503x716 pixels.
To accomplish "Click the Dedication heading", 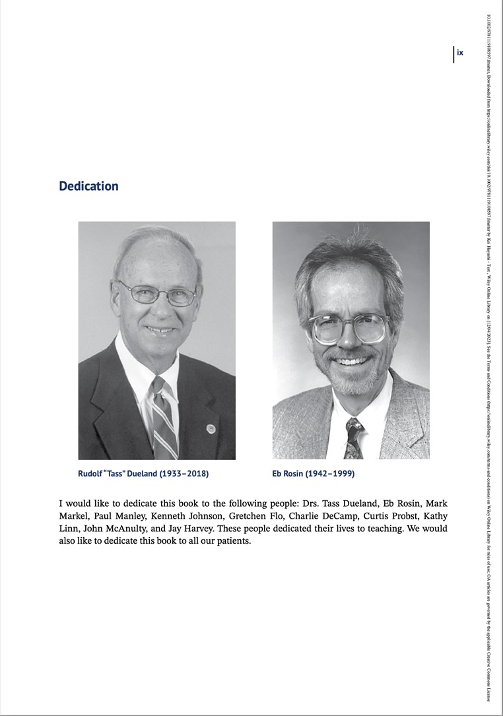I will point(88,186).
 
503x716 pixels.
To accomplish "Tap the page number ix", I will point(460,53).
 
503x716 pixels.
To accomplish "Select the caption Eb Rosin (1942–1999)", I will point(313,474).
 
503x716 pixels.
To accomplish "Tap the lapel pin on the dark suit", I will point(211,428).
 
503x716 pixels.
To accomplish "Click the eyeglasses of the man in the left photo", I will point(158,294).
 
